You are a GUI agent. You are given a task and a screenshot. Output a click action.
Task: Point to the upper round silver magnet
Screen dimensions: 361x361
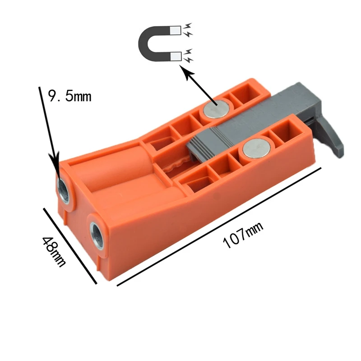(x=216, y=108)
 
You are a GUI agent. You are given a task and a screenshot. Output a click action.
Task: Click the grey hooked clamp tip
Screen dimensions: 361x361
(x=334, y=140)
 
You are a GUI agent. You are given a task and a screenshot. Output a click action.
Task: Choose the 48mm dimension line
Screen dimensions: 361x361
(x=70, y=246)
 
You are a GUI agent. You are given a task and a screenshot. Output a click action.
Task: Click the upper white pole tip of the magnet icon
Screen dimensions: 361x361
(x=175, y=31)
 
